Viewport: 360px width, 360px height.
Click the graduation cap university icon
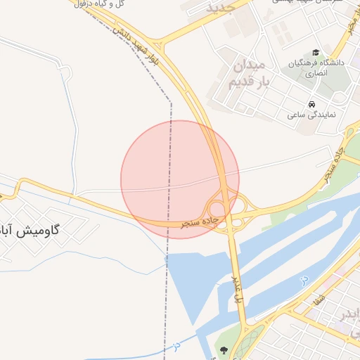(x=316, y=53)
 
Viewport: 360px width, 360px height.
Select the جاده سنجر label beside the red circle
(x=201, y=222)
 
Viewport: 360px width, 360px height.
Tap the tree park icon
(x=224, y=349)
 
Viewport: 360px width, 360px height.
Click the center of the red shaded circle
(x=180, y=179)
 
